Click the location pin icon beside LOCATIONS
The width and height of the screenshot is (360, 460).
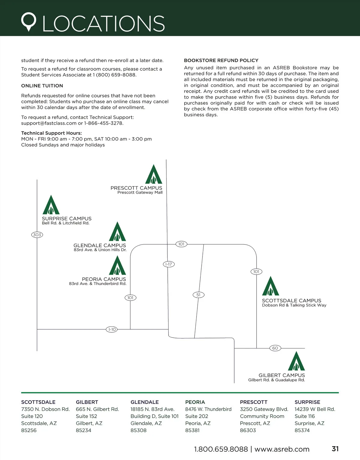tap(28, 22)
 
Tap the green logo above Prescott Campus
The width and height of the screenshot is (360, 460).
tap(154, 174)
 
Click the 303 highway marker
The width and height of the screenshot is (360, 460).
tap(37, 235)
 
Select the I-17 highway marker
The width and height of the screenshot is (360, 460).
tap(169, 264)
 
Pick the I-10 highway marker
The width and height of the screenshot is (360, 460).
tap(112, 329)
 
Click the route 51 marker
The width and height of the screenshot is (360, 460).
tap(198, 295)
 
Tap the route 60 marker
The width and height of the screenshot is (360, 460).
tap(275, 348)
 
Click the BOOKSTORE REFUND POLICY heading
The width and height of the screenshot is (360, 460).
tap(221, 61)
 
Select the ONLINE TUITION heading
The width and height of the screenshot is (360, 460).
tap(42, 86)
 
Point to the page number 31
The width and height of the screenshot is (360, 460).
tap(335, 449)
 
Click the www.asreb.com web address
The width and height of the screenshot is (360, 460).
tap(282, 449)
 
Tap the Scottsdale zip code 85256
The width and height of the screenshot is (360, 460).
tap(29, 430)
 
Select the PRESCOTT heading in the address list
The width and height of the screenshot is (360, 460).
tap(253, 402)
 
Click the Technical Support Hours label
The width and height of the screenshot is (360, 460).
tap(51, 133)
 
